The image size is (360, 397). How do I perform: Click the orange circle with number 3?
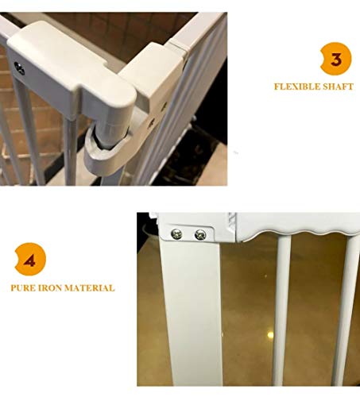[x=335, y=59]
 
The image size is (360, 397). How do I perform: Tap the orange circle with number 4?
[x=30, y=260]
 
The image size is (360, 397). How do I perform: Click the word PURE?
[x=22, y=288]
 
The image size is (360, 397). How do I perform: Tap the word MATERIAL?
[x=90, y=288]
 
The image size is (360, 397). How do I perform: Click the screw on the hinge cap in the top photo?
[x=19, y=68]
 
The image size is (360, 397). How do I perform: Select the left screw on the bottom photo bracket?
[x=176, y=234]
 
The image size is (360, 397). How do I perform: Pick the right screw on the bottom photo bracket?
[x=200, y=234]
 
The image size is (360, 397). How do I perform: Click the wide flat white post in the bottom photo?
[x=192, y=312]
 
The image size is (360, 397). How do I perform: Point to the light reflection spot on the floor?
[x=270, y=335]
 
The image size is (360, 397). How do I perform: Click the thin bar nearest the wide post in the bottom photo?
[x=282, y=310]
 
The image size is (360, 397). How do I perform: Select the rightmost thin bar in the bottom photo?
[x=347, y=310]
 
